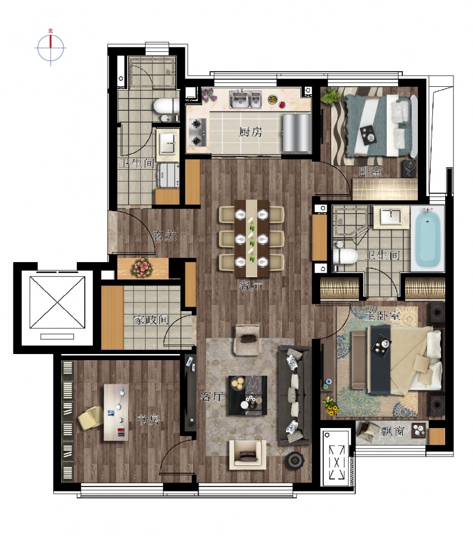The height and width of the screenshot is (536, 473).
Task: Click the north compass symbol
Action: tap(51, 47)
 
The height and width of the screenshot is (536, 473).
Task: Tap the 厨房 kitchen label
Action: tap(250, 132)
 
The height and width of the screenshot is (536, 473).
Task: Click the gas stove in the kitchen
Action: tap(197, 132)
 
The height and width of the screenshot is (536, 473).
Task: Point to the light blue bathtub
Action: tap(427, 238)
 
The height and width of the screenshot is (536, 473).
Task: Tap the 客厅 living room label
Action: tap(212, 396)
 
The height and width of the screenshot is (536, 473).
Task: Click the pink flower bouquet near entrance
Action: tap(142, 267)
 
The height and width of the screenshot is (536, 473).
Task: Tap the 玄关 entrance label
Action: tap(165, 235)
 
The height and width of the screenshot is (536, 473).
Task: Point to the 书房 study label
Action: tap(149, 420)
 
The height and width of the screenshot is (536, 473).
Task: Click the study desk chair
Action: tap(91, 417)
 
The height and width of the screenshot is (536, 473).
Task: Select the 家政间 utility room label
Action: tap(151, 320)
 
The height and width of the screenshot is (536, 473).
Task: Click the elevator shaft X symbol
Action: tap(57, 302)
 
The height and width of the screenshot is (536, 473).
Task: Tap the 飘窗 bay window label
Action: tap(393, 432)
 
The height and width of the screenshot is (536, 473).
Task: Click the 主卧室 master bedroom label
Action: tap(382, 316)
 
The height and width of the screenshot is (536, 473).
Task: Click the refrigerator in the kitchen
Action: tap(297, 132)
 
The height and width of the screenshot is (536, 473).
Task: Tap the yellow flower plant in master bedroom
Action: tap(331, 405)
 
